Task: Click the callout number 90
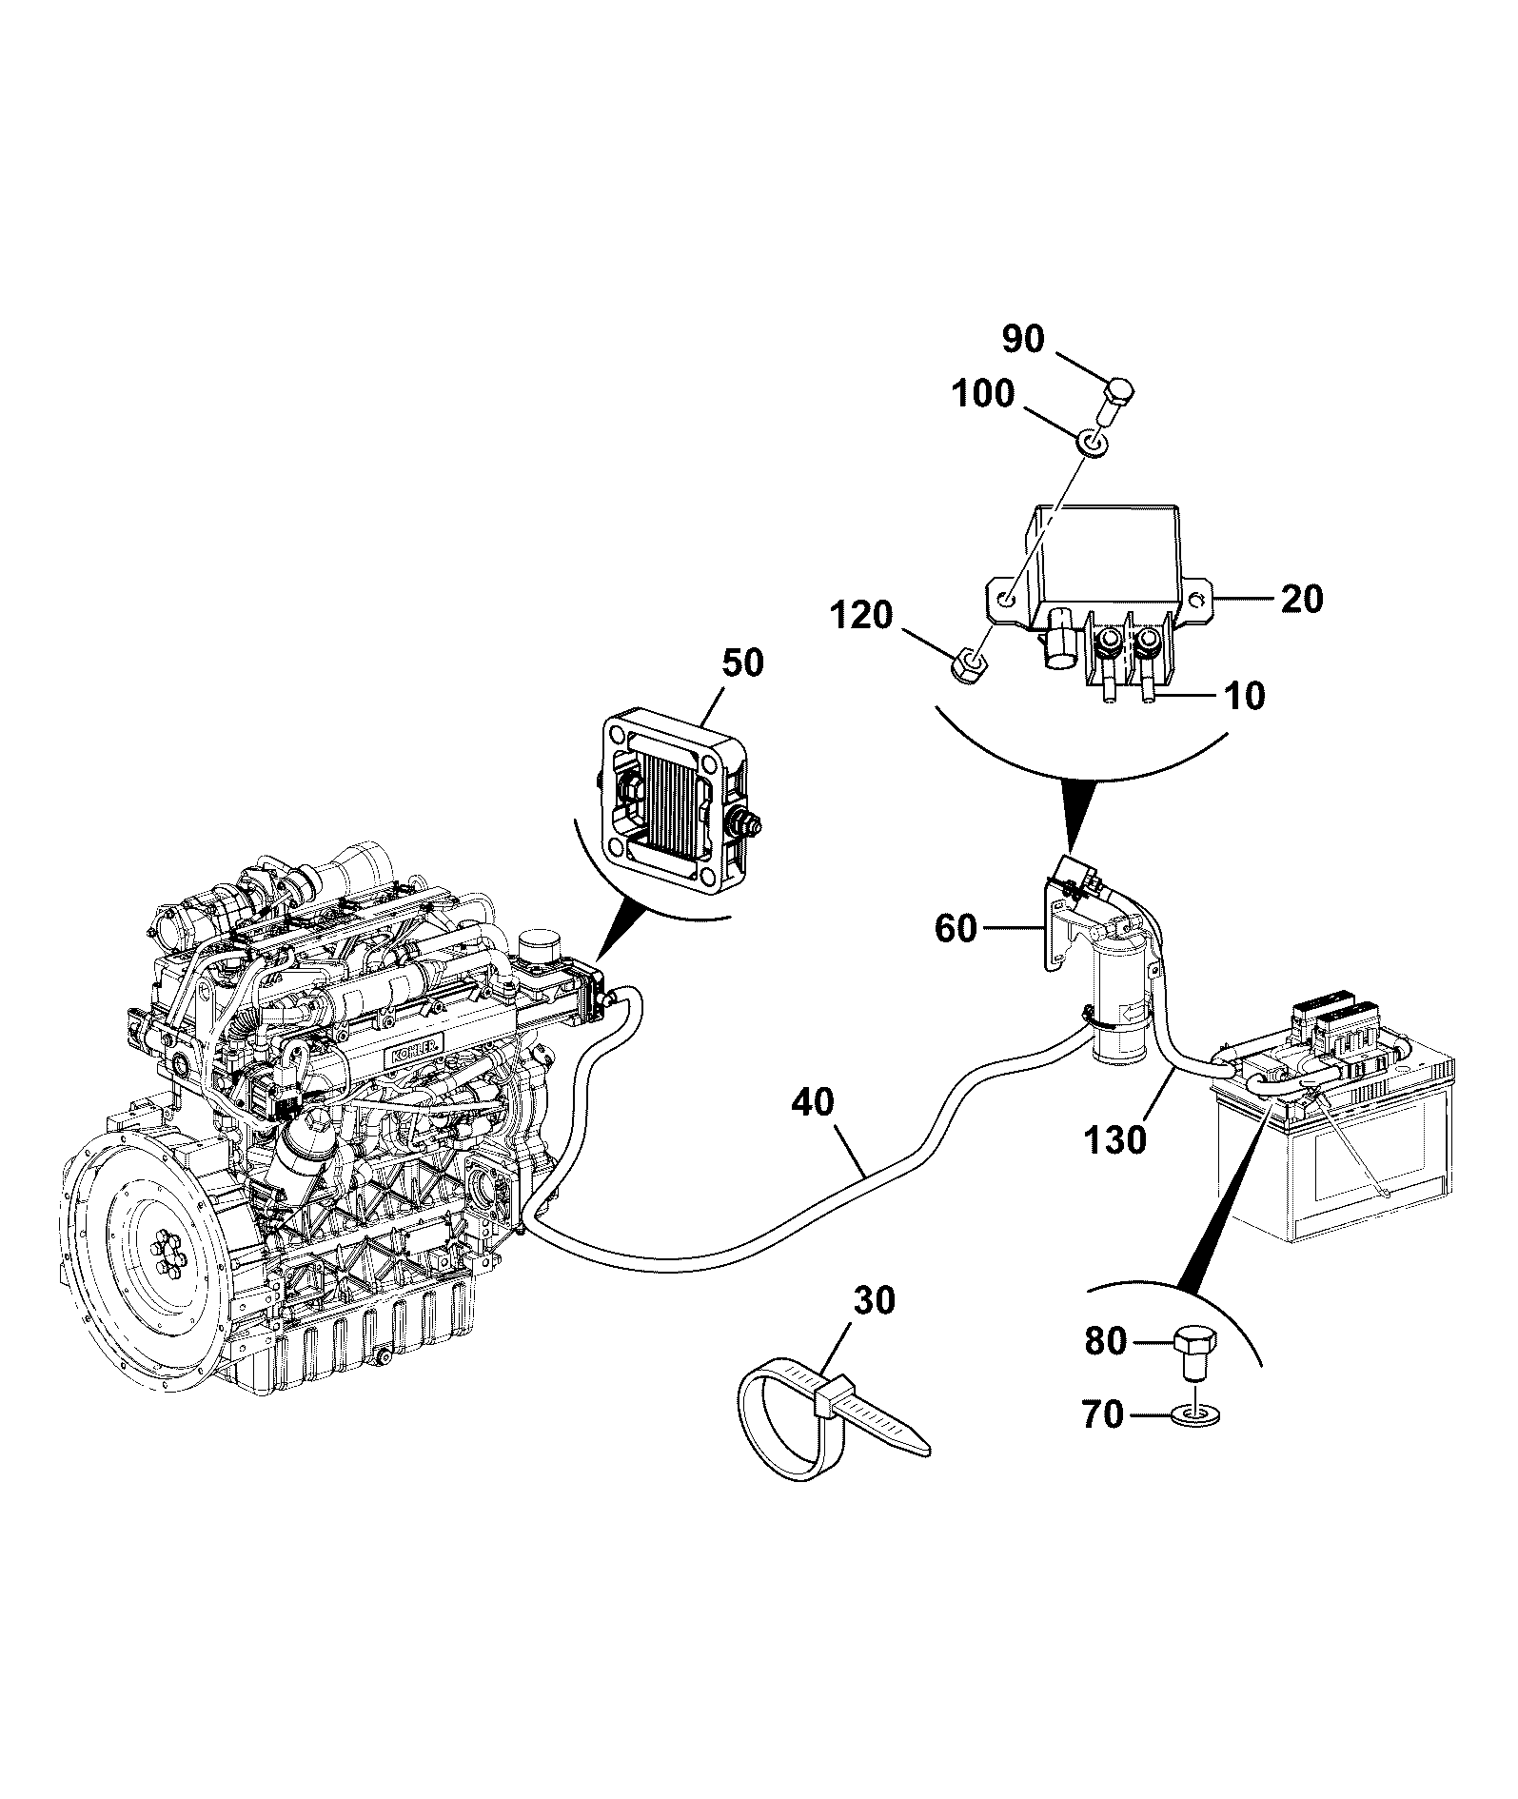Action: click(1023, 338)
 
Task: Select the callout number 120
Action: click(860, 615)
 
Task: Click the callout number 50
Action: click(741, 662)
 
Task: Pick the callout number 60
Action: click(956, 928)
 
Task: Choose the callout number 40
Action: click(812, 1103)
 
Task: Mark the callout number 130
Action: click(1114, 1138)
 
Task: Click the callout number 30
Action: click(874, 1300)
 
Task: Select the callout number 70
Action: click(1102, 1415)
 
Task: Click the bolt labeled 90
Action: click(1114, 404)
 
